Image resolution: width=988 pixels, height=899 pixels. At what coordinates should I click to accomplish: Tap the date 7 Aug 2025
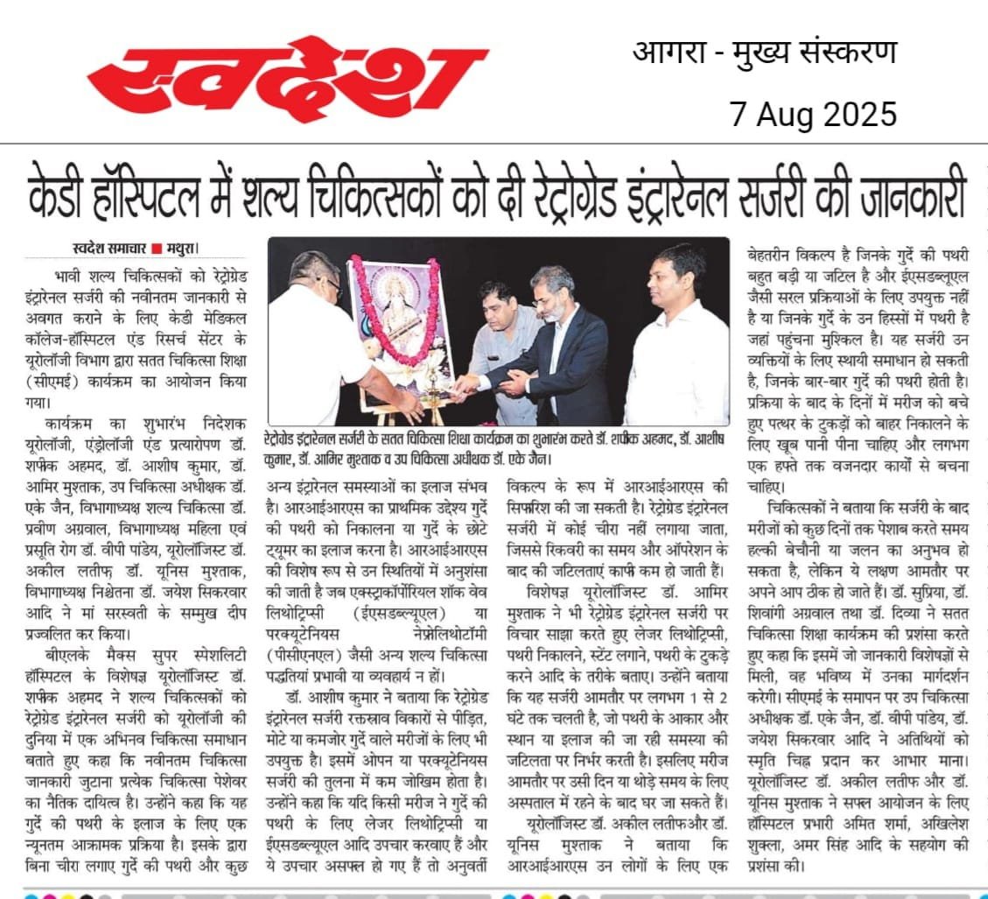point(814,114)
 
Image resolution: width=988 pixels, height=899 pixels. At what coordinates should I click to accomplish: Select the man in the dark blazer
point(560,350)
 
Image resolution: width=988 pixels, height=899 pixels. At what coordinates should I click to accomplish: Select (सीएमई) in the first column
point(55,382)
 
